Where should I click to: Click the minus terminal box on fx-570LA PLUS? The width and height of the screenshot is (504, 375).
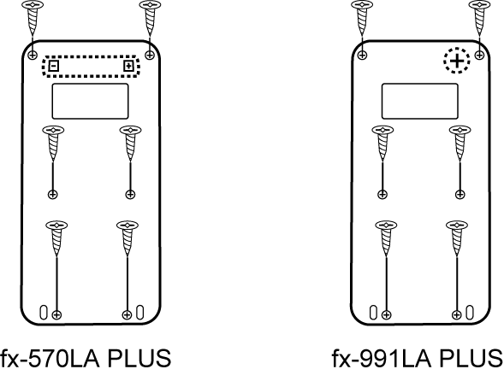(54, 66)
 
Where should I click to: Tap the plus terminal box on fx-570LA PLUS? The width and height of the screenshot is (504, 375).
(128, 66)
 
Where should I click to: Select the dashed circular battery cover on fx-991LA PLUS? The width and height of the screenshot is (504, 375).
(457, 61)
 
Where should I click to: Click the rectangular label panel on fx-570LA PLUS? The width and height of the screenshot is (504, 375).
(91, 102)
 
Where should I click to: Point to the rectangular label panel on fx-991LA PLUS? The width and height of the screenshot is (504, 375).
(420, 102)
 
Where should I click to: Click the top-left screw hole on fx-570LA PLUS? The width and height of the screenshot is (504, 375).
(33, 55)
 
